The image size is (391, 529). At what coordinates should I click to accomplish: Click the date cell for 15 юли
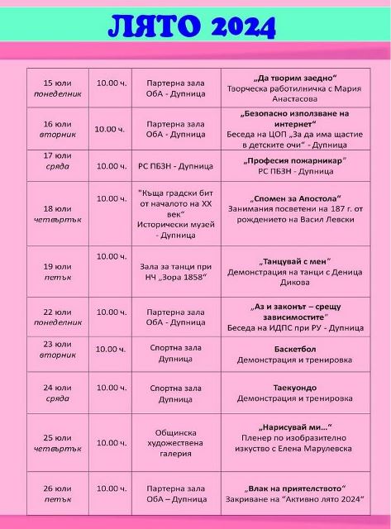coord(57,88)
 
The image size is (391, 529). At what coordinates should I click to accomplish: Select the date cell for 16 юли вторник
coord(57,128)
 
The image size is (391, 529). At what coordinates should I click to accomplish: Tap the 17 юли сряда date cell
coord(57,160)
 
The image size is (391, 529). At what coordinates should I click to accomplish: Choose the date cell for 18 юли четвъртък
coord(57,213)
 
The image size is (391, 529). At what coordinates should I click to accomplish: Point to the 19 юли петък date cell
coord(57,271)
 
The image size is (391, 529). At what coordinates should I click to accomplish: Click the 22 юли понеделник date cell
coord(57,317)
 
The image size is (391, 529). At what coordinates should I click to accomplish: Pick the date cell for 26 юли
coord(57,493)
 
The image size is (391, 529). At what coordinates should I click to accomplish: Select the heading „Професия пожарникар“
coord(294,160)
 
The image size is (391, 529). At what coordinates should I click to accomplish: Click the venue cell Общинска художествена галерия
coord(174,442)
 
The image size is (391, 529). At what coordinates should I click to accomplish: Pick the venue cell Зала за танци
coord(174,272)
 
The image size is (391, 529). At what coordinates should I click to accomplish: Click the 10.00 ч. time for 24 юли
coord(111,387)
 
